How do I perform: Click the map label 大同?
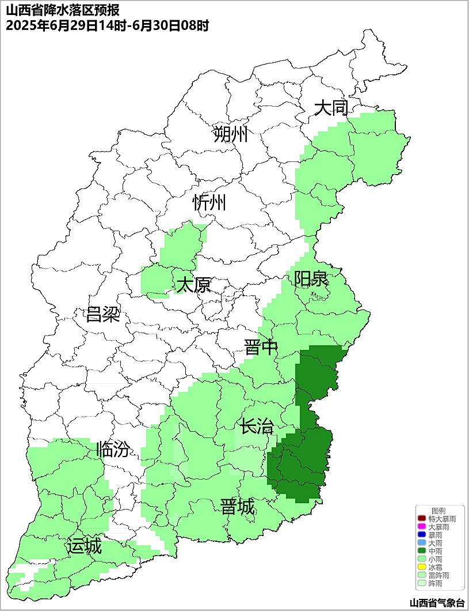click(x=331, y=108)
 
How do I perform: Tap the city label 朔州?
click(x=230, y=134)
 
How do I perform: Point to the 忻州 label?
click(x=209, y=202)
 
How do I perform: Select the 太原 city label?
click(x=193, y=285)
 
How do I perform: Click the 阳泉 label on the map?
click(x=311, y=279)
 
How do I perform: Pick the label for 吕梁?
click(x=103, y=315)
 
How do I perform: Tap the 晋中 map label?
click(x=261, y=348)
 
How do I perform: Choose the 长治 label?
click(x=257, y=427)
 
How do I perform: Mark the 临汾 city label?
click(x=113, y=449)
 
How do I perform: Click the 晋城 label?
click(x=237, y=507)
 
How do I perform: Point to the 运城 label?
click(x=84, y=545)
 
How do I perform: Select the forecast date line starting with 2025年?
click(x=106, y=25)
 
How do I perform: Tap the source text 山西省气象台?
click(x=437, y=603)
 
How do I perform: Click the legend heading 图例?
click(x=439, y=511)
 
